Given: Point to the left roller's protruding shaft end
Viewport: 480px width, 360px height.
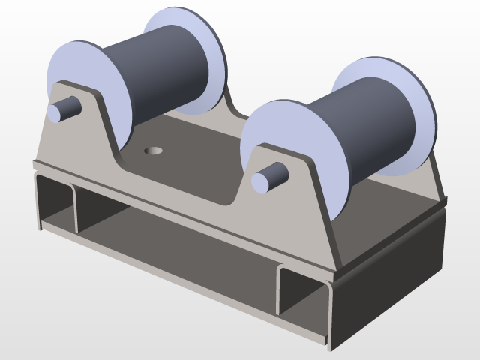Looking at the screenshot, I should click(x=63, y=110).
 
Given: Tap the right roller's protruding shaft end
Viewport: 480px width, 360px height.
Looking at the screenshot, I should click(x=269, y=178).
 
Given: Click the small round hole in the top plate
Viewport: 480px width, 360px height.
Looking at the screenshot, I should click(x=154, y=151).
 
